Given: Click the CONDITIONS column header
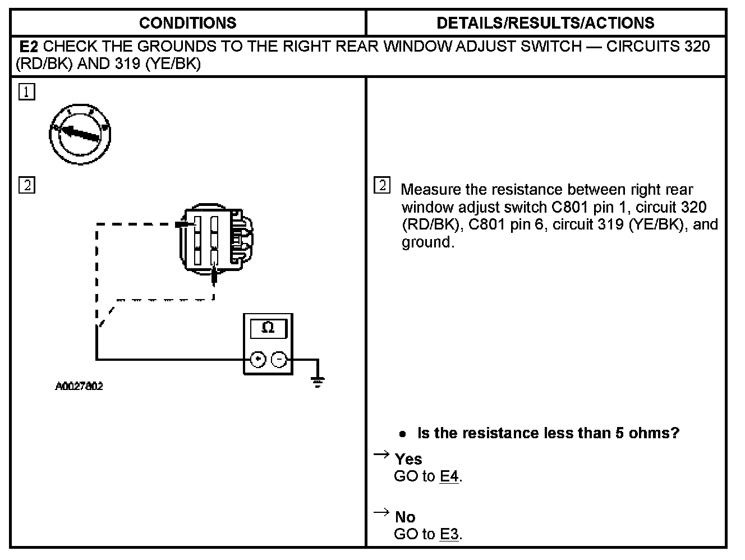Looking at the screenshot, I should coord(187,23).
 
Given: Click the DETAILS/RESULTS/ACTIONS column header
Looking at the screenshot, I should coord(545,23).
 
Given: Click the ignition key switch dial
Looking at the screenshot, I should coord(79,134).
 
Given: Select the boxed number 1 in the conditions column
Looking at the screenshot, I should coord(26,92).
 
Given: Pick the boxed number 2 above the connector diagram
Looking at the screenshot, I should coord(26,185).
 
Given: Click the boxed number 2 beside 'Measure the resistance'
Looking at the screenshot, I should coord(382,186).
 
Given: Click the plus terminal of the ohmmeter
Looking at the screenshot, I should coord(257,359).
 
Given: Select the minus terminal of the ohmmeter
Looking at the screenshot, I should coord(279,359).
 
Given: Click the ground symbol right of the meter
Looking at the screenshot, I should coord(318,382).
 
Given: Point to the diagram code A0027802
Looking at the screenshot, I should coord(79,387).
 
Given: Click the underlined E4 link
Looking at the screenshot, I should coord(449,476).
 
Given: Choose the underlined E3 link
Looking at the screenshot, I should coord(449,534).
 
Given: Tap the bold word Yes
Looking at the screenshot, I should coord(408,459).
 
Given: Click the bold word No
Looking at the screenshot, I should coord(405,517).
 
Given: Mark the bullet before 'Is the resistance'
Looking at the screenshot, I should coord(402,434).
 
